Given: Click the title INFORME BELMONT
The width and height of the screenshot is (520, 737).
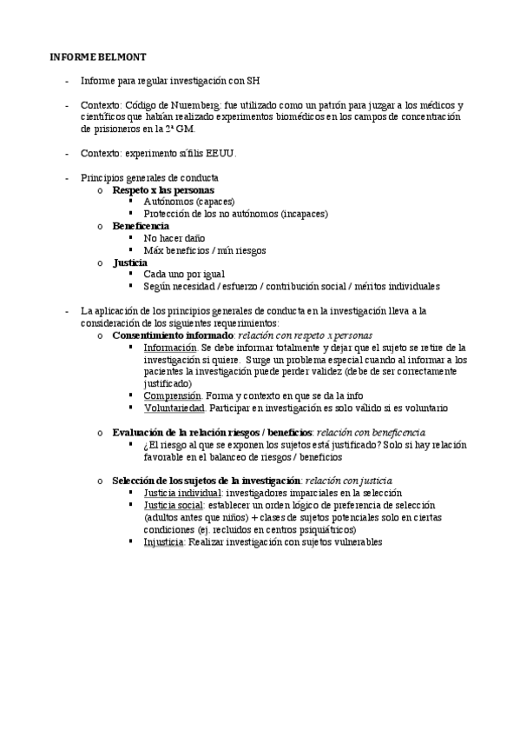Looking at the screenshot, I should click(91, 57).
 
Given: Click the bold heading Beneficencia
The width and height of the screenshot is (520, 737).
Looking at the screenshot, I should click(141, 226).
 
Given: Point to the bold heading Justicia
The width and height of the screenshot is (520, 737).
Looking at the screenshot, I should click(129, 262).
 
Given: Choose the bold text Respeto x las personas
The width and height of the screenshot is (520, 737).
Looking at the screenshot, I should click(163, 189).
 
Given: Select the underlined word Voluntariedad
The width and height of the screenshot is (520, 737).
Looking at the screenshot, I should click(174, 407).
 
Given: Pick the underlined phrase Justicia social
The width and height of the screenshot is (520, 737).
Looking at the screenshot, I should click(174, 504).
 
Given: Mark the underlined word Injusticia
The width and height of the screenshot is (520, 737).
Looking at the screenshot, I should click(164, 541).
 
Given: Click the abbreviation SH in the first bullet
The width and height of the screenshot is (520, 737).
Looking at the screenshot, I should click(253, 81).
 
